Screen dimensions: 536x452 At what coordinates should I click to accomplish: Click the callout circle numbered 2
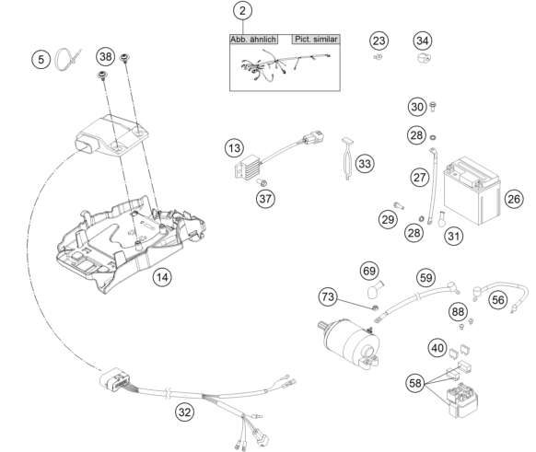point(243,11)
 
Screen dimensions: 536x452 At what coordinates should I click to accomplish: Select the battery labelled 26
point(472,191)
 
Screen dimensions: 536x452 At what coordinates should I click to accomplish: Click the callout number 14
point(162,277)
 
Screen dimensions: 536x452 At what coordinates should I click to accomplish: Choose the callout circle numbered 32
point(184,412)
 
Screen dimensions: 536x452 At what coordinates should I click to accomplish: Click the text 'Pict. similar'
point(316,40)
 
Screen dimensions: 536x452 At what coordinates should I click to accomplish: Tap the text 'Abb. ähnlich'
point(253,40)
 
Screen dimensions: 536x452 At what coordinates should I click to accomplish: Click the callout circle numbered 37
point(265,199)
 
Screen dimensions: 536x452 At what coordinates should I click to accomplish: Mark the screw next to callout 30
point(433,107)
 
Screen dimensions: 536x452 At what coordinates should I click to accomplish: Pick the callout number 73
point(328,296)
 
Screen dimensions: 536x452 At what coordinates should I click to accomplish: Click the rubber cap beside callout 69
point(374,290)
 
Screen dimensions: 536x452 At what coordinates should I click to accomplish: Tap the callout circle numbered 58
point(415,383)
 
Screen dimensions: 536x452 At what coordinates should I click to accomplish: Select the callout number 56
point(498,300)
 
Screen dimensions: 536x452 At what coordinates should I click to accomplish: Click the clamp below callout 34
point(424,58)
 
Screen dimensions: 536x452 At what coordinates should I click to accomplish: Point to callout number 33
point(365,164)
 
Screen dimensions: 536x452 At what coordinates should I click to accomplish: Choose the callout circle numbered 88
point(458,311)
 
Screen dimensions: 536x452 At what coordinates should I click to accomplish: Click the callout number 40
point(437,348)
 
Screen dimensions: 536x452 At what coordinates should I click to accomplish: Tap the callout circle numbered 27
point(420,178)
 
